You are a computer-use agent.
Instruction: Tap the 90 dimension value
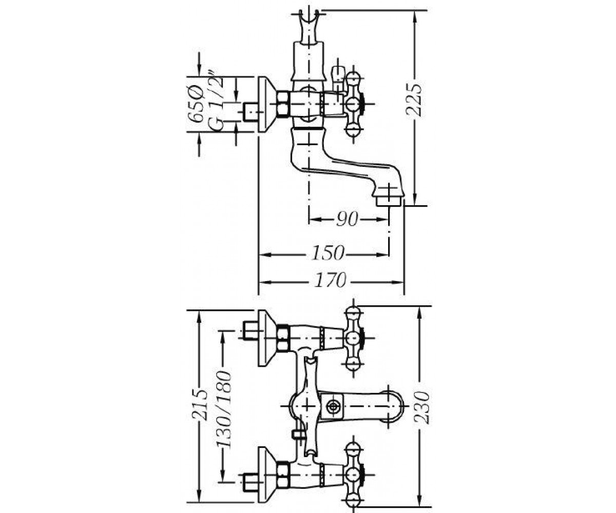[347, 219]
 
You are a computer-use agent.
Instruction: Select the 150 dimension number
[328, 253]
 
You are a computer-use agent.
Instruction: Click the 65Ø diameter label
[195, 104]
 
